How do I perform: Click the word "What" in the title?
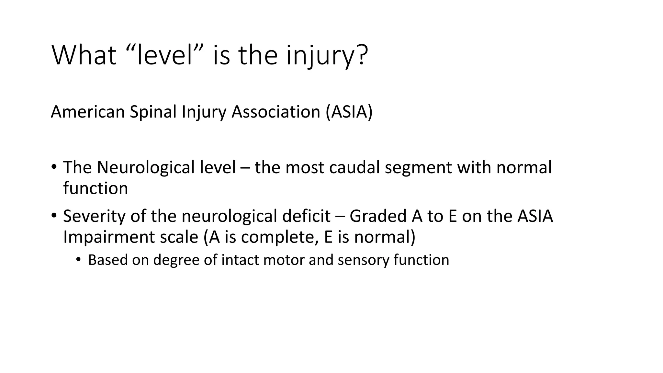click(84, 55)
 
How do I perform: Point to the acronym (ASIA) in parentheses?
click(349, 112)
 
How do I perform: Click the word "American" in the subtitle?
click(88, 112)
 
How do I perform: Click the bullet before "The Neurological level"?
click(54, 167)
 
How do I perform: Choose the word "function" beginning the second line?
click(96, 188)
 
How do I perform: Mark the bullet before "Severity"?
click(54, 216)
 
